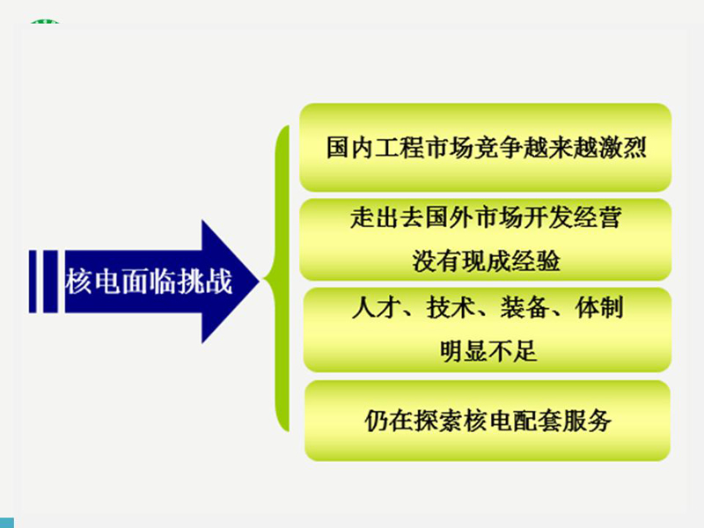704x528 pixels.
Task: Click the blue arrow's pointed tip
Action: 260,282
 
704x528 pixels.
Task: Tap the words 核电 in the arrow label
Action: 92,282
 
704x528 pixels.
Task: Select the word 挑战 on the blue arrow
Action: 205,282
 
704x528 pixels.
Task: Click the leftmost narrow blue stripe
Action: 33,282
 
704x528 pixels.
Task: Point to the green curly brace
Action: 278,278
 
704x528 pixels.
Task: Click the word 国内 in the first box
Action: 349,147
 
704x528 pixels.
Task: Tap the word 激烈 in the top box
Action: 623,147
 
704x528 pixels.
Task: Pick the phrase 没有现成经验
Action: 487,260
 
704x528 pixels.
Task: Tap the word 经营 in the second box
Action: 598,217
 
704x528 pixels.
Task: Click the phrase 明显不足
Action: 488,350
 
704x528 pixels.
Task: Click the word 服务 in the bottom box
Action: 587,421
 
